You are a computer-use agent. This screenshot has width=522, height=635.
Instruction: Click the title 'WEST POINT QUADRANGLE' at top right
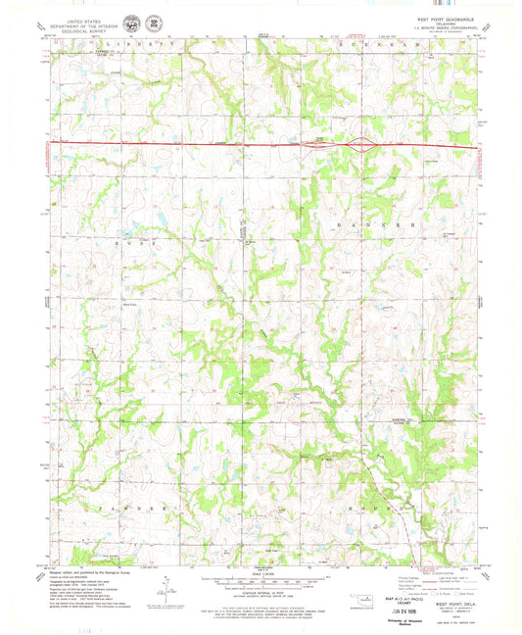442,17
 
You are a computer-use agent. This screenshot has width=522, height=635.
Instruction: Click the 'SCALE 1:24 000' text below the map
261,570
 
